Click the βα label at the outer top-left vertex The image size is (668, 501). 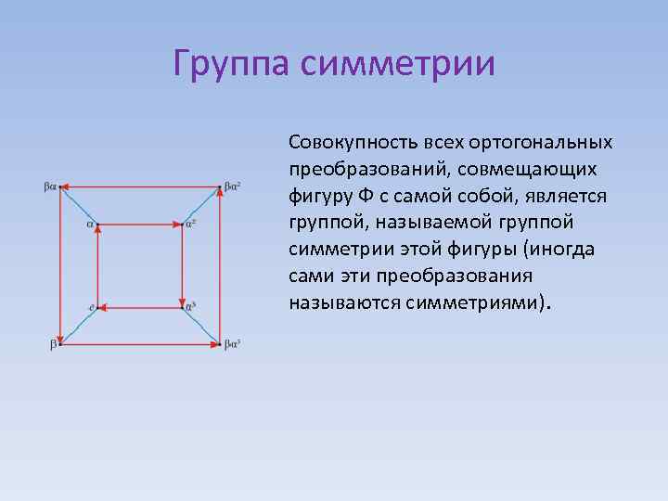point(50,186)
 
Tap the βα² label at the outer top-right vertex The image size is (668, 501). point(233,186)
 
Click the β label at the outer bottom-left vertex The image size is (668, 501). point(53,344)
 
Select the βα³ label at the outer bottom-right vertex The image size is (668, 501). point(233,344)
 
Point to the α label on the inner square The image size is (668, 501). point(90,224)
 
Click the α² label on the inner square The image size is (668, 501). point(190,223)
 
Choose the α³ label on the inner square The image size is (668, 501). point(190,305)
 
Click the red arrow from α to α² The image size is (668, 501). point(139,224)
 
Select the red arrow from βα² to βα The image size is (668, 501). point(139,186)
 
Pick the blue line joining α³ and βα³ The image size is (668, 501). point(201,324)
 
